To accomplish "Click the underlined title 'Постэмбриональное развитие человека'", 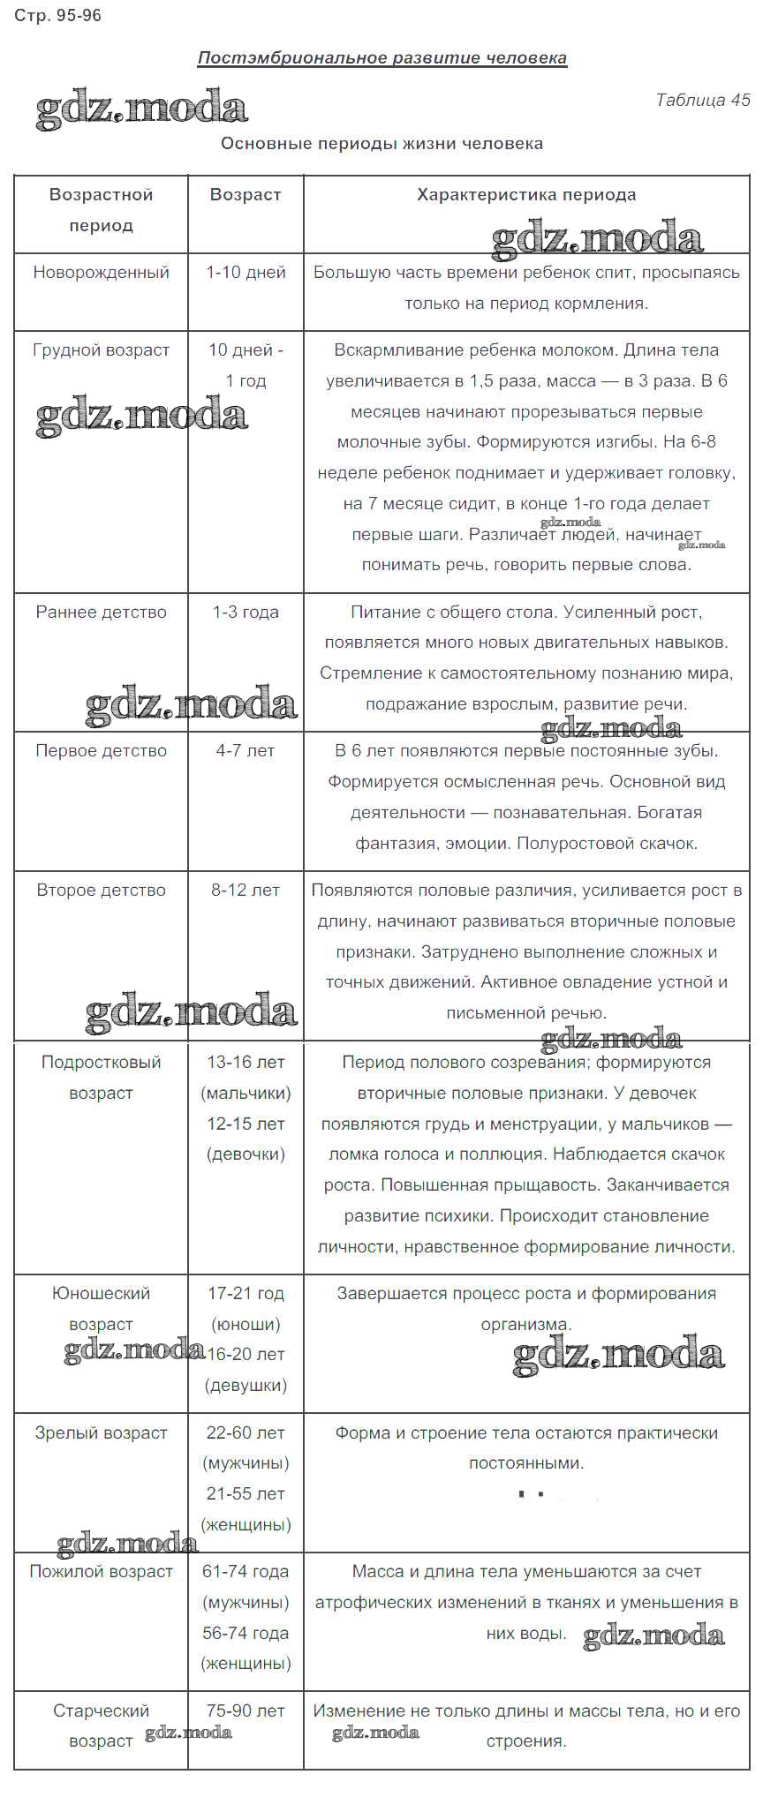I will tap(381, 58).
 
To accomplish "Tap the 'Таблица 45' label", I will tap(702, 100).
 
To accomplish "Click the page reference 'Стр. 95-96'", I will tap(58, 16).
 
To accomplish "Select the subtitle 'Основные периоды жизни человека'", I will tap(381, 143).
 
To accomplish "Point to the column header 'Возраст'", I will tap(246, 194).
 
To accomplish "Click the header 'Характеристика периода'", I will tap(526, 194).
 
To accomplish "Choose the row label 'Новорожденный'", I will tap(101, 273).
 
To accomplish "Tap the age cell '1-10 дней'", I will tap(246, 273).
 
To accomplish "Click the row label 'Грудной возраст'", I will tap(101, 350).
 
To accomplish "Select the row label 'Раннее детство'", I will tap(101, 612).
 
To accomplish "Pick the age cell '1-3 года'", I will tap(246, 612).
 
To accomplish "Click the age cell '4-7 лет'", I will tap(246, 751).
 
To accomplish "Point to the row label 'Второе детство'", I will tap(101, 891).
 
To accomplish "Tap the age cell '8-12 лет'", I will tap(246, 891).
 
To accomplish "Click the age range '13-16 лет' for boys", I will tap(246, 1063).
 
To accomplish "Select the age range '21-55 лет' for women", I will tap(246, 1493).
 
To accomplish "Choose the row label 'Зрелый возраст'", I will tap(101, 1432).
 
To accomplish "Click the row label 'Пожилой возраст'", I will tap(101, 1572).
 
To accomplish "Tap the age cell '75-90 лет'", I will tap(246, 1710).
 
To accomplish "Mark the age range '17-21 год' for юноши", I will tap(246, 1293).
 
